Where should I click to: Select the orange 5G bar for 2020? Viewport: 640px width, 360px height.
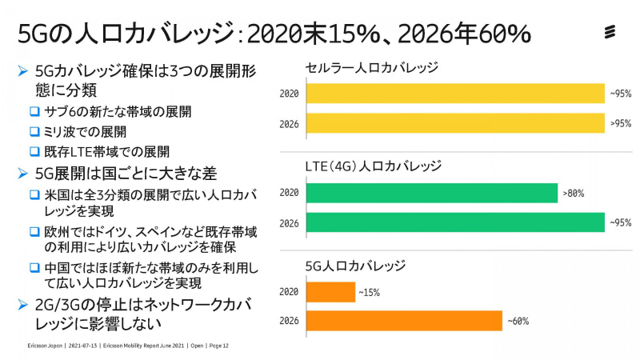330,292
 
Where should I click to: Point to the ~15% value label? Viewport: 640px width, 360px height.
369,293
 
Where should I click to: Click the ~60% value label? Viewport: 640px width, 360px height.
518,322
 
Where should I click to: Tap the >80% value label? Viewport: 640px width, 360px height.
573,194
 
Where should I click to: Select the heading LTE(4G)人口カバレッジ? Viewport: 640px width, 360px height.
374,167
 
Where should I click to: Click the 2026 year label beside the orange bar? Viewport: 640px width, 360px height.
289,322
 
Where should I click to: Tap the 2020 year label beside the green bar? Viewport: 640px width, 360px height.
289,194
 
